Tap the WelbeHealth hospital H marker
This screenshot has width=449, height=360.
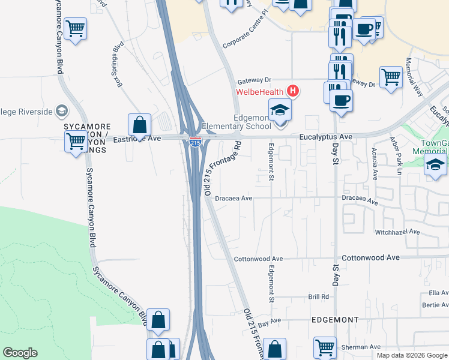(x=293, y=92)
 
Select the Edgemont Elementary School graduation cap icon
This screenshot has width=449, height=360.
(x=280, y=112)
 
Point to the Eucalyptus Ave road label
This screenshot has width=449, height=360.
(x=326, y=137)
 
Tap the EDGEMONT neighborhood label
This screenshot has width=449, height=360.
(x=336, y=320)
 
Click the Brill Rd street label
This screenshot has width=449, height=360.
(x=319, y=296)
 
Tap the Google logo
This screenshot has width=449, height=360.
(x=20, y=353)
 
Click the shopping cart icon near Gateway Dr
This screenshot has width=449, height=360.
(x=391, y=77)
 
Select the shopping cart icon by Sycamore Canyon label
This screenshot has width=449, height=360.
(x=76, y=143)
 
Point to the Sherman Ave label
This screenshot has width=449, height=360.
(x=366, y=347)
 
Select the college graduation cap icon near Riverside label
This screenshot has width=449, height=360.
(x=61, y=111)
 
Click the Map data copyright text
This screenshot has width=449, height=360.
(x=412, y=355)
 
